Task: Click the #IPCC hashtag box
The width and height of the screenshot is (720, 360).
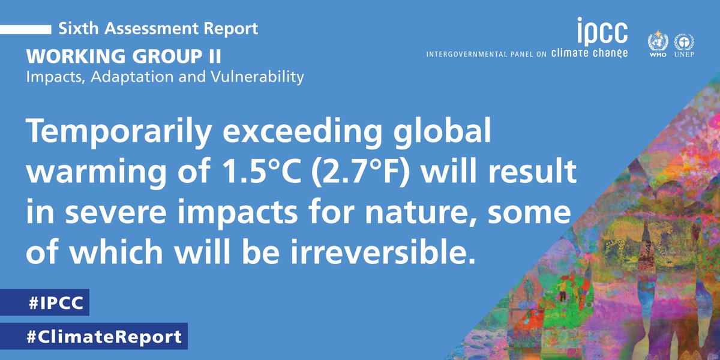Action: coord(45,303)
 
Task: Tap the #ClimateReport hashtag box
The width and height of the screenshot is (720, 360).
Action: coord(94,337)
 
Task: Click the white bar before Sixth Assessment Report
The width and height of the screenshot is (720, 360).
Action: coord(25,28)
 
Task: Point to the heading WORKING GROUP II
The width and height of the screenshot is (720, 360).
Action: coord(124,58)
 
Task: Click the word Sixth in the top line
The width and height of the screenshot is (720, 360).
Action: coord(75,28)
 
